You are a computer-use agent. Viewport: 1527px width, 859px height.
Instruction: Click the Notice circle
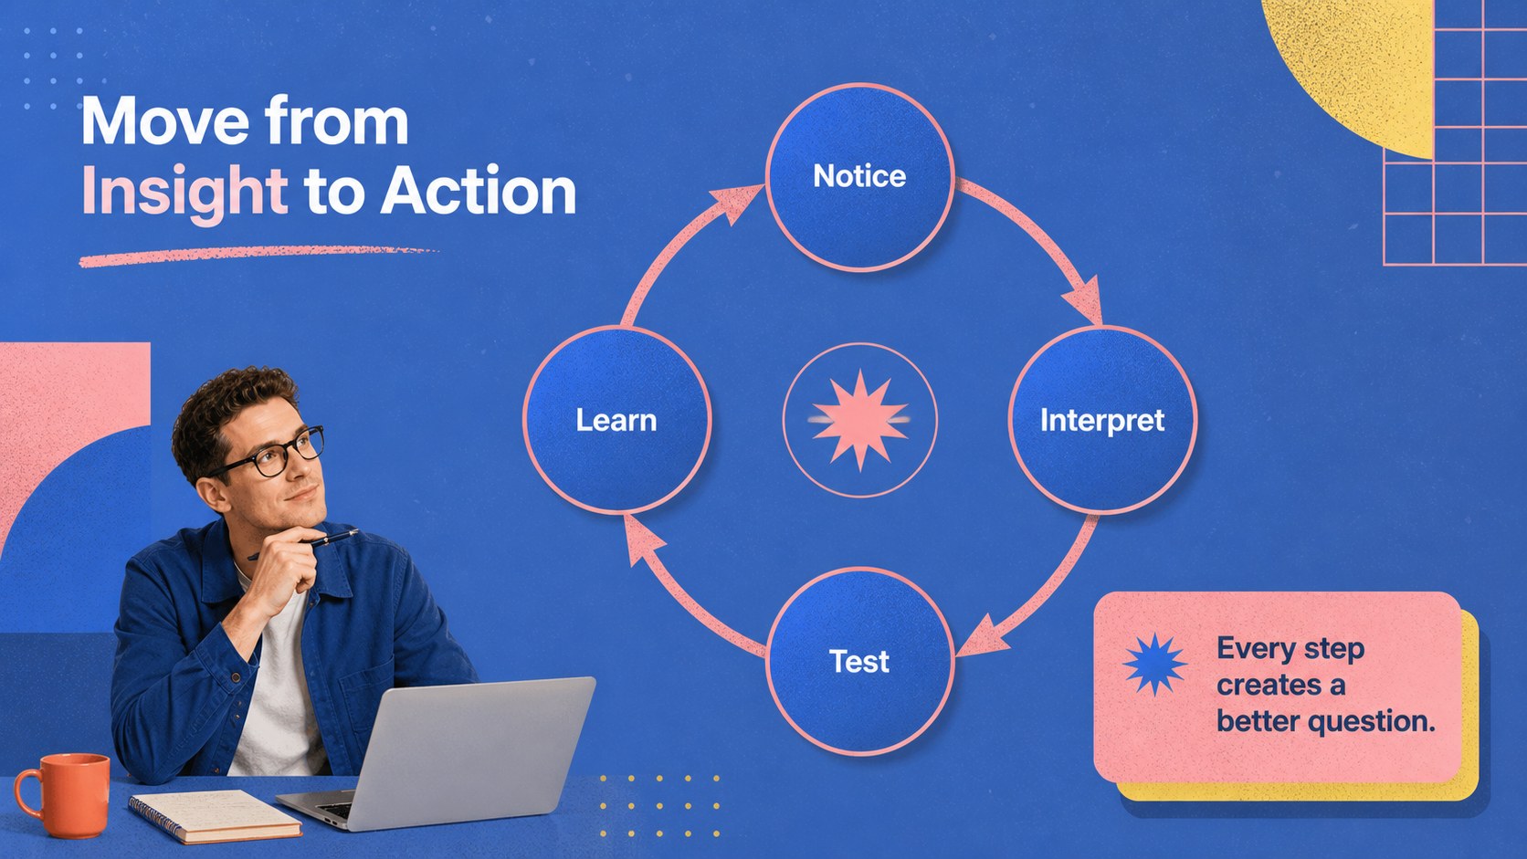pos(859,177)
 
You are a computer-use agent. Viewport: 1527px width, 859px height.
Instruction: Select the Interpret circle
pos(1102,420)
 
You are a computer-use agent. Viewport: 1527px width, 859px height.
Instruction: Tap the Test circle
pos(859,662)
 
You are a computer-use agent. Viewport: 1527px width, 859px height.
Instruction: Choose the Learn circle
pos(617,420)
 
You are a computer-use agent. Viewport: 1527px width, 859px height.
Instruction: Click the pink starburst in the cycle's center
pos(859,420)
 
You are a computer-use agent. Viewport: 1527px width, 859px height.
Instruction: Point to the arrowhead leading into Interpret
pos(1084,300)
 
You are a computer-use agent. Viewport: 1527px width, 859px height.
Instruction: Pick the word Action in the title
pos(478,192)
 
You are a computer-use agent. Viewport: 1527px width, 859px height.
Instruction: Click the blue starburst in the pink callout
pos(1154,665)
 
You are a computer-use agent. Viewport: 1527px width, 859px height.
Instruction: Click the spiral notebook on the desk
pos(215,816)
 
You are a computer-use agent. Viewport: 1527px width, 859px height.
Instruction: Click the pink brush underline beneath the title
pos(259,256)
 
